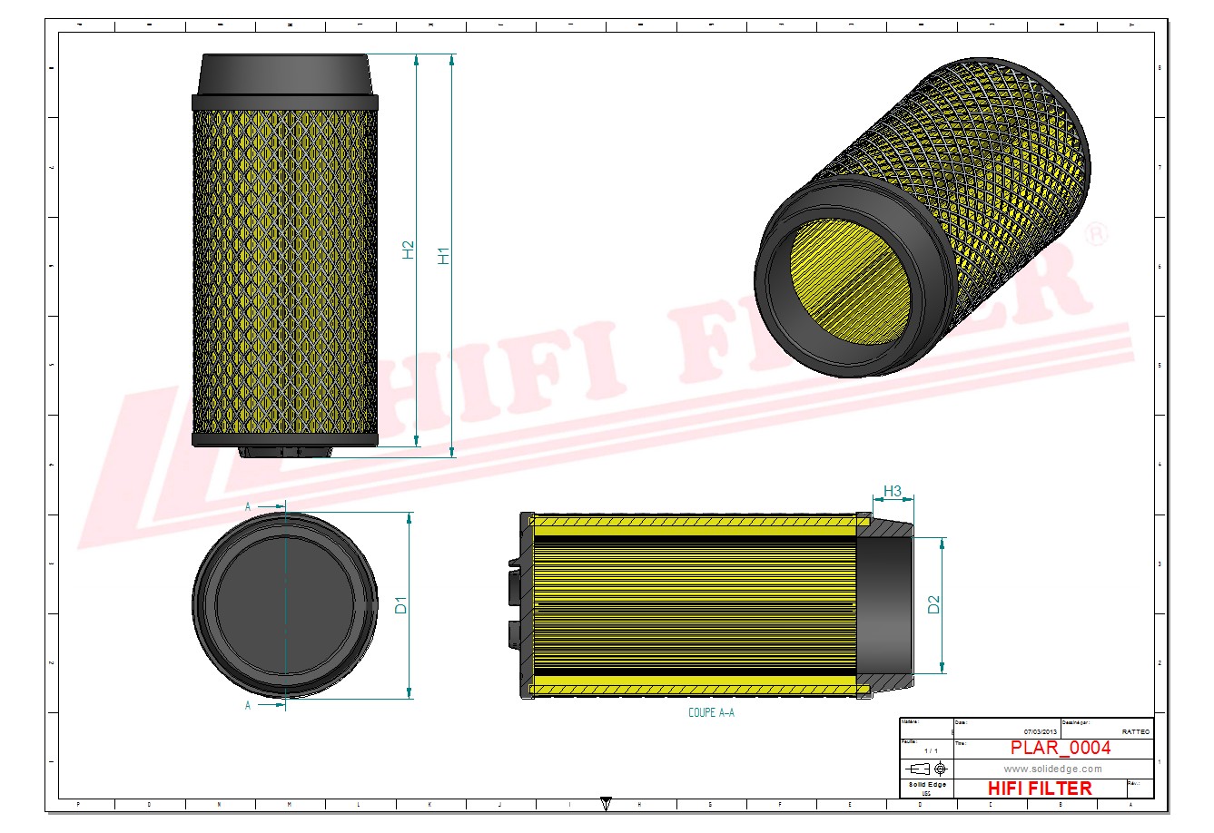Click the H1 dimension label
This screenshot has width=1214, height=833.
[443, 255]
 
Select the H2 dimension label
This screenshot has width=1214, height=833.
[409, 250]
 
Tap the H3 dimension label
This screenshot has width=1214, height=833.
[893, 492]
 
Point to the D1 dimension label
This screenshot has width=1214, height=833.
[401, 604]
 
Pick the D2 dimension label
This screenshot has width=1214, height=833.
[933, 604]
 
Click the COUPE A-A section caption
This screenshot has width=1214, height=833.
[711, 713]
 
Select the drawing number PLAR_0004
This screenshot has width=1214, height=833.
[1060, 748]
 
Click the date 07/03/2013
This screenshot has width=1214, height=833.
[1040, 731]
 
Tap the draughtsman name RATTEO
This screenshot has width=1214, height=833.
[1135, 731]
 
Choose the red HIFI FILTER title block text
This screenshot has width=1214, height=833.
[1040, 789]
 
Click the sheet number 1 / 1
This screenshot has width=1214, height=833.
[931, 751]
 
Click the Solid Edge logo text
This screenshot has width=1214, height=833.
[927, 784]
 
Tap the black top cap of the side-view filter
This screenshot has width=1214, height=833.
[284, 75]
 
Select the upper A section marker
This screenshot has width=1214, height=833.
[248, 507]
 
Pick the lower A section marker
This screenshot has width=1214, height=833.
[248, 705]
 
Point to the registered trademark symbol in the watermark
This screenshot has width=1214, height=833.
[1097, 233]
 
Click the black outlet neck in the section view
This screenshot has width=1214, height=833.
[885, 604]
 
